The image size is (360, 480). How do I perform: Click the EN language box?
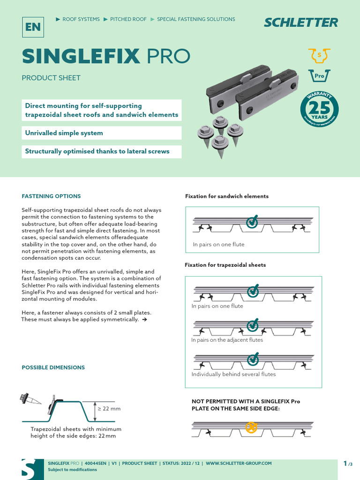coord(33,27)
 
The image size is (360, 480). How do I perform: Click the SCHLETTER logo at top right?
coord(300,22)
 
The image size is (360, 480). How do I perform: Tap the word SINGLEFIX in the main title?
coord(81,56)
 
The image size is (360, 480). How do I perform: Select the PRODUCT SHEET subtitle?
coord(51,78)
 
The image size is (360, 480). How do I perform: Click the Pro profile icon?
coord(319,75)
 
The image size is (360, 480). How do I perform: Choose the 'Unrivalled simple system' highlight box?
coord(64,133)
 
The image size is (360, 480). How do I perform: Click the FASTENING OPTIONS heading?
coord(51,196)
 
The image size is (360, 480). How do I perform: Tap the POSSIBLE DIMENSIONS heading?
coord(53,367)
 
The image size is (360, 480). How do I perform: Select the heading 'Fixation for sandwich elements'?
coord(227,196)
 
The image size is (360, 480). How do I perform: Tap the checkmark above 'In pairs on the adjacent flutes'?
coord(253,324)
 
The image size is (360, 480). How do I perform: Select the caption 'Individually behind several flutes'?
coord(233,374)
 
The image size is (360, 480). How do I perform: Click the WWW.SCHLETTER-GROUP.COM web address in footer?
coord(239,463)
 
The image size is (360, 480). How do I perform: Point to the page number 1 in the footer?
coord(345,463)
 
